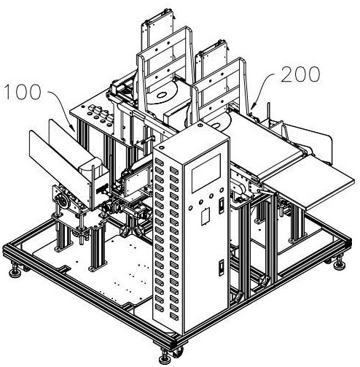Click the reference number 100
23,92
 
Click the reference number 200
300,74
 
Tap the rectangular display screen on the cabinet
206,172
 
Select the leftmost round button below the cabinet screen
190,208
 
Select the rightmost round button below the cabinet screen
222,190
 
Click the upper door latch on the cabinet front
222,206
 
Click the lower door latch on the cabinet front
222,268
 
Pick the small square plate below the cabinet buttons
206,216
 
